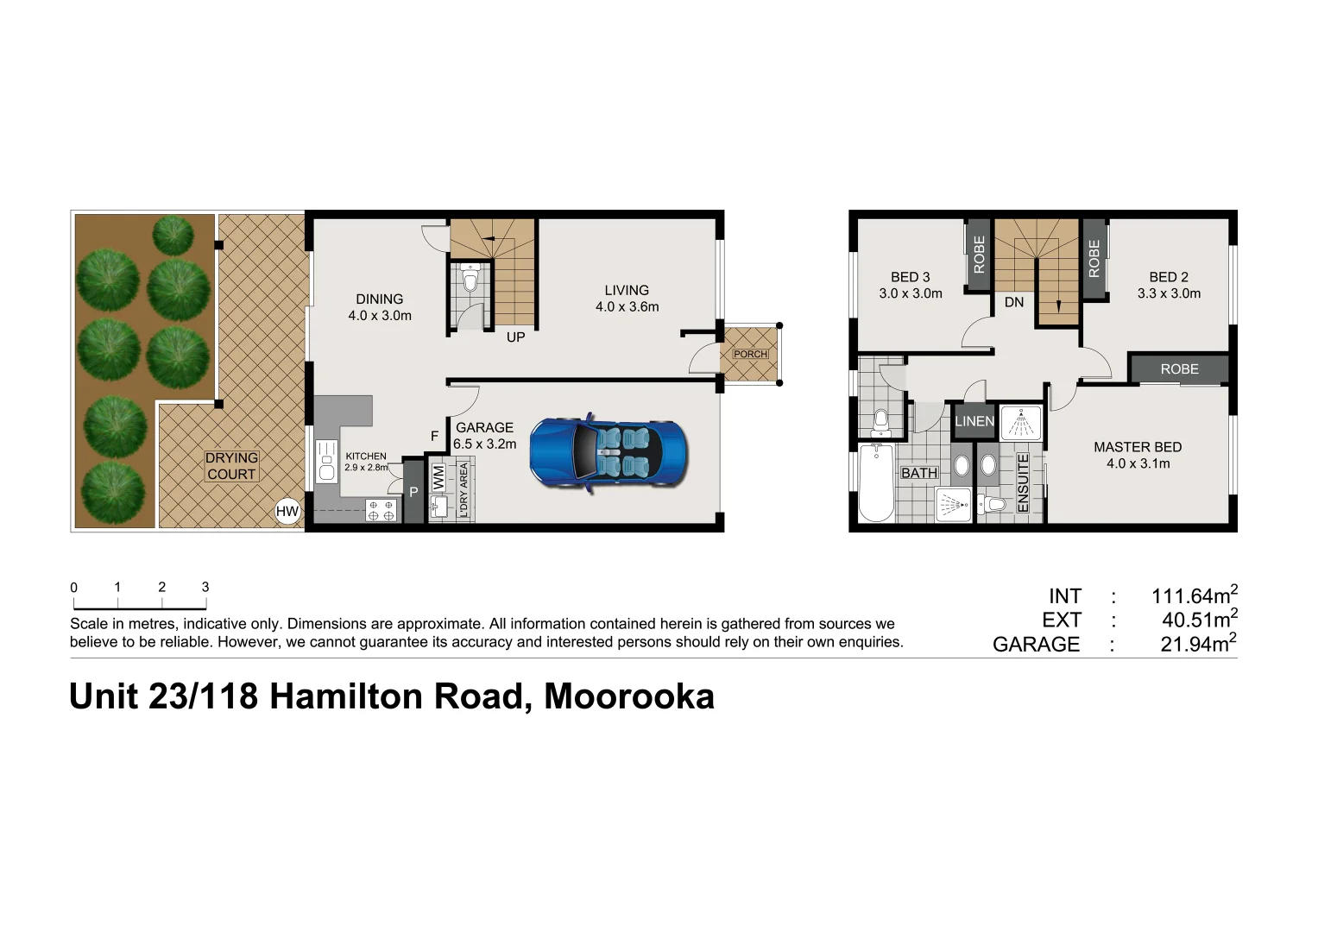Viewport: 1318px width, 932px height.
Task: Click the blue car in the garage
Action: pos(609,453)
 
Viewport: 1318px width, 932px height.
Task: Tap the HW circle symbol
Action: pos(287,511)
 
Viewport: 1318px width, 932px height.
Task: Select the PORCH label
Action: pos(750,354)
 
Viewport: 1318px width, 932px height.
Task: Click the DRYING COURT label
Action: pos(231,466)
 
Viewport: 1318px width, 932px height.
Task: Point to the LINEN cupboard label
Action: pos(974,421)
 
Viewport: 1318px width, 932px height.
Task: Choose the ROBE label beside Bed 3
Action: pos(979,255)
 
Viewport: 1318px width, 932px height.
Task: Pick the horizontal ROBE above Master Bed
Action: pos(1179,369)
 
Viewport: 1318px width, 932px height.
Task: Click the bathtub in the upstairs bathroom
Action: pos(877,483)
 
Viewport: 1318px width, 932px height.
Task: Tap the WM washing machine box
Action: pos(438,477)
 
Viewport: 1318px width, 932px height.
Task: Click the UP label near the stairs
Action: pos(515,337)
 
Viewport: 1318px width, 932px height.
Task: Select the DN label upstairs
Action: pos(1014,302)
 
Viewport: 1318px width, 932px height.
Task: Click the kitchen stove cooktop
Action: pos(382,510)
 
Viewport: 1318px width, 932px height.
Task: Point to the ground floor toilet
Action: pos(470,280)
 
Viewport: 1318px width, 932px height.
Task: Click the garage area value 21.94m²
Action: pos(1198,644)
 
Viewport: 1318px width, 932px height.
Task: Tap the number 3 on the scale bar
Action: pos(205,587)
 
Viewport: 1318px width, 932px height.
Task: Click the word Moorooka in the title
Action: pos(629,696)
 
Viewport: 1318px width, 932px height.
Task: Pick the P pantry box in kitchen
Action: pos(413,492)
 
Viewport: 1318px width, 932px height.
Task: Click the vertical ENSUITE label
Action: pos(1023,483)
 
